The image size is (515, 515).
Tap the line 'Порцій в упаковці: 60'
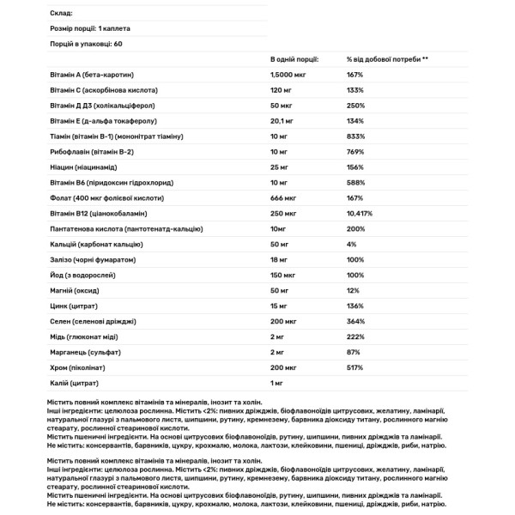[82, 43]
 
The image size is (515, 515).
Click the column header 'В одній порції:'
[294, 60]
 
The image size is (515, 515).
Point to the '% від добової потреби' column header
[387, 60]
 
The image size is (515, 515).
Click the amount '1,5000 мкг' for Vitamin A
[289, 76]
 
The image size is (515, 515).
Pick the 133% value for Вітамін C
[355, 91]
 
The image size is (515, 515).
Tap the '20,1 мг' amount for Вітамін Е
[282, 122]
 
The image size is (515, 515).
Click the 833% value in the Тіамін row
[355, 137]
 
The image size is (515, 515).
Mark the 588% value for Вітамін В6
[355, 184]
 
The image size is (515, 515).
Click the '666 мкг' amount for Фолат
[283, 199]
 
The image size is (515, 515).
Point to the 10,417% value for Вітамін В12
[360, 215]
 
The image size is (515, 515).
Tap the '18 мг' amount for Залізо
[280, 261]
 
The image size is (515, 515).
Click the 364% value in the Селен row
[355, 323]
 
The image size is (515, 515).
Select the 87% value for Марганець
[354, 354]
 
